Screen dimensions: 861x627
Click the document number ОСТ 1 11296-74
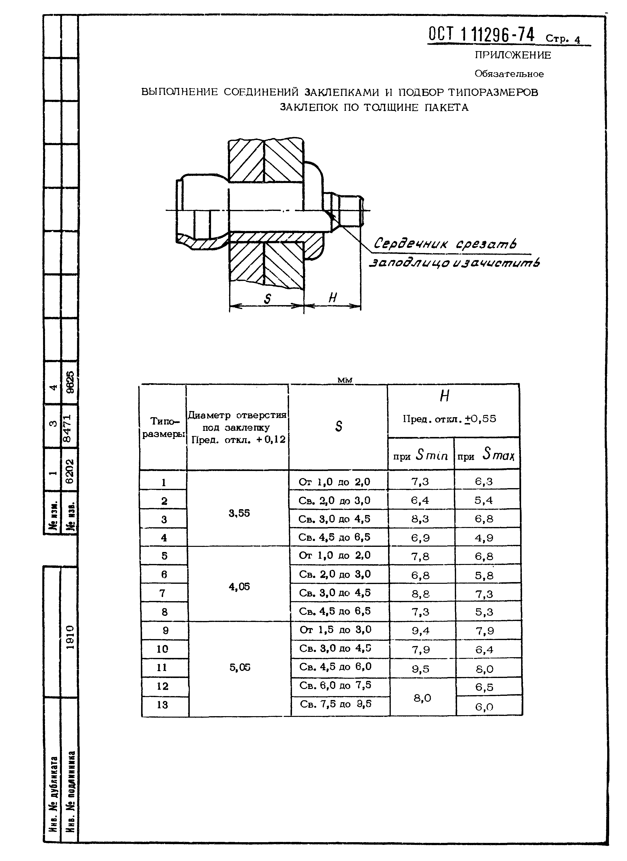pyautogui.click(x=481, y=35)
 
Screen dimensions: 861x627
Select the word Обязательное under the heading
pyautogui.click(x=509, y=74)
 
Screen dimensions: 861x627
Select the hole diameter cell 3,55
pyautogui.click(x=239, y=513)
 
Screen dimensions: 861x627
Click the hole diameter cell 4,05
pyautogui.click(x=239, y=587)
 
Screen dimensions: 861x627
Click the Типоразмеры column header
pyautogui.click(x=163, y=427)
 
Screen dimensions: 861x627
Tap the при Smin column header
pyautogui.click(x=421, y=455)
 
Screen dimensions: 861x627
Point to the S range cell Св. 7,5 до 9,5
pyautogui.click(x=336, y=704)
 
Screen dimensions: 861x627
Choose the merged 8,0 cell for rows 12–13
pyautogui.click(x=422, y=698)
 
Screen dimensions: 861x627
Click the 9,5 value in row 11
pyautogui.click(x=421, y=669)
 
